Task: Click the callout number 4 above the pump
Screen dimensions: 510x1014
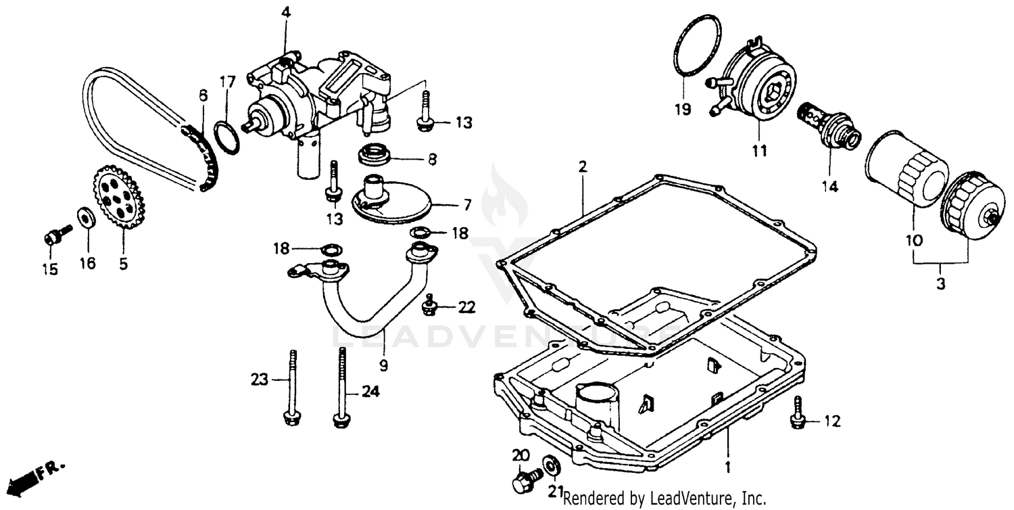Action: [286, 11]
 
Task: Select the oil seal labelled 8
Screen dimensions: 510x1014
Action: [374, 155]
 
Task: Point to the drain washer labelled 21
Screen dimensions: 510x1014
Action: [551, 465]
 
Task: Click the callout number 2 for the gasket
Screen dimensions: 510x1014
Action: [582, 166]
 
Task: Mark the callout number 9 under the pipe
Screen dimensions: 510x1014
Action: [383, 365]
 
